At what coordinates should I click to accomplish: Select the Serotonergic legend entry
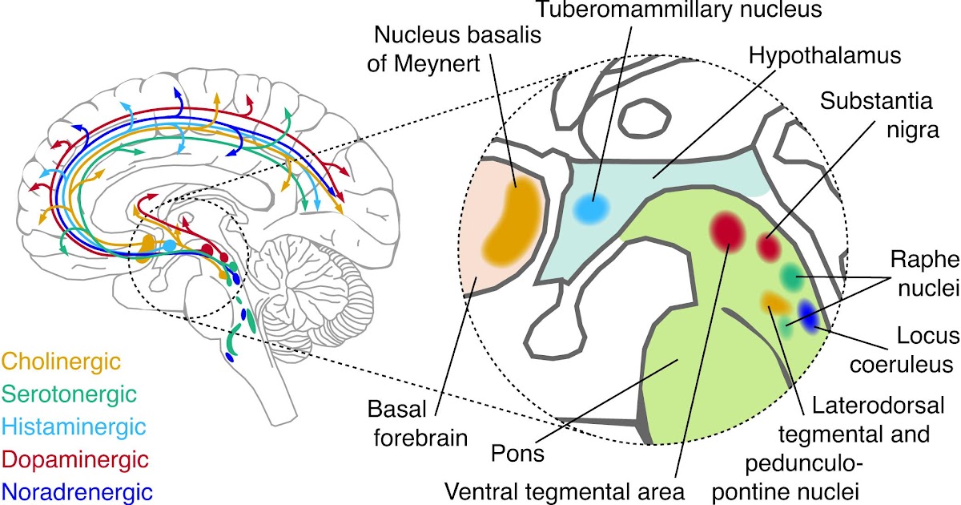69,394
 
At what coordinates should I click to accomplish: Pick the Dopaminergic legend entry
76,459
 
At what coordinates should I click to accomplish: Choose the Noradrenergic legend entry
78,491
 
